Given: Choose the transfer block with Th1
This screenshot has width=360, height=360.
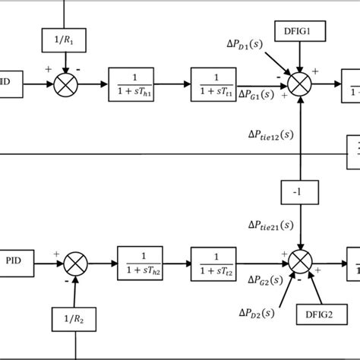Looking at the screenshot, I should [138, 83].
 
